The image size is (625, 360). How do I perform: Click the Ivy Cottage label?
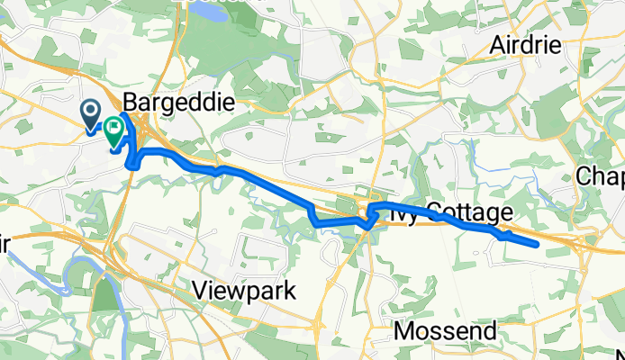(441, 212)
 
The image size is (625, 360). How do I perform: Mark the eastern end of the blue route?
(537, 244)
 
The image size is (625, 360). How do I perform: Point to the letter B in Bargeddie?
(129, 103)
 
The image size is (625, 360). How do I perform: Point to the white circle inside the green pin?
(114, 127)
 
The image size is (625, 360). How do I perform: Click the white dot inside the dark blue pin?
(92, 110)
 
